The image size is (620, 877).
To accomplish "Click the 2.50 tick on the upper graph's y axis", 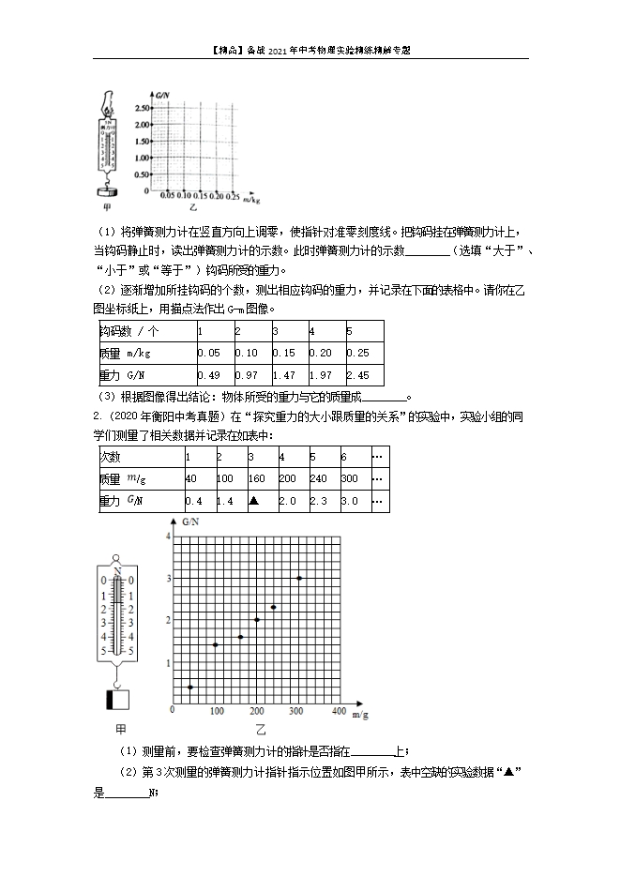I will (x=141, y=109).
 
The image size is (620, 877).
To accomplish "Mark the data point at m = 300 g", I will (x=299, y=578).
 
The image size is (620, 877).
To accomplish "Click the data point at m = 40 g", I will (x=190, y=688).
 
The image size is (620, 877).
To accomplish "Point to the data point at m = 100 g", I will (x=216, y=644).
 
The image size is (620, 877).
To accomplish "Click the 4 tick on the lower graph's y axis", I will (x=168, y=536).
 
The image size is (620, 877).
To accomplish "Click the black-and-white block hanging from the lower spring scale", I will (x=118, y=699).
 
